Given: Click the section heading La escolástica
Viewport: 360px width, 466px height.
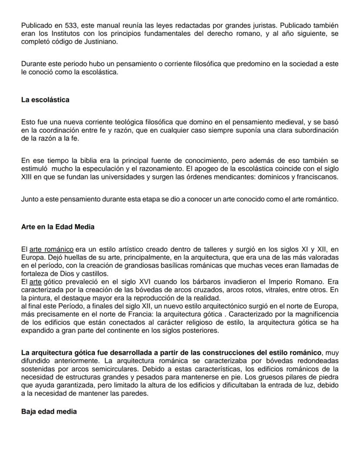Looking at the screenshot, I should [x=45, y=100].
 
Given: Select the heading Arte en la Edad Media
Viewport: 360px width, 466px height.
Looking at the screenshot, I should [x=57, y=227].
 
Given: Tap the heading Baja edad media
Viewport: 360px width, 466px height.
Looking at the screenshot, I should [x=49, y=411].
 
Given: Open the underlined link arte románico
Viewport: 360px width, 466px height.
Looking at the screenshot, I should [x=51, y=249].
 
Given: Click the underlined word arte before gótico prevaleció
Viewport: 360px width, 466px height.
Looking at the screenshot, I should [x=35, y=282].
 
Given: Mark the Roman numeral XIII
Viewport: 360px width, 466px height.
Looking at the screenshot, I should [x=27, y=177].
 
